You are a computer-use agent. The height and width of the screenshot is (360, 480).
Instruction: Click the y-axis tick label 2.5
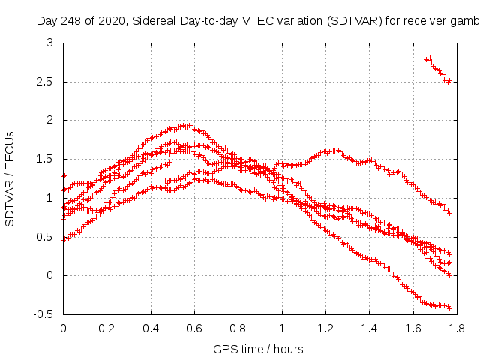47,82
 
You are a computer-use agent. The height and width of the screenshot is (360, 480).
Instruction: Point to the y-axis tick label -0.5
46,314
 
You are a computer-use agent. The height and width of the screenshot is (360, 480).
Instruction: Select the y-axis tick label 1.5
47,159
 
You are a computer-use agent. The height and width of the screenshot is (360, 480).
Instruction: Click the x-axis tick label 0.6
194,328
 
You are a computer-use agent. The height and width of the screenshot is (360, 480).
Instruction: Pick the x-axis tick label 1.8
457,328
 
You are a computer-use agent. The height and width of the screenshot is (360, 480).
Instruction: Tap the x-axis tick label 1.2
325,328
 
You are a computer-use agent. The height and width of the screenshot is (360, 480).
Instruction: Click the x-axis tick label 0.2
106,328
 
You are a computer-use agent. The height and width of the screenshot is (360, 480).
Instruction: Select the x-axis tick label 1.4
369,328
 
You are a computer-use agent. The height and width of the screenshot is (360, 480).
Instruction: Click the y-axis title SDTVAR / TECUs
10,178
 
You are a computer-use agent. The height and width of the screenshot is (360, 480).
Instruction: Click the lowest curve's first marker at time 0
64,239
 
